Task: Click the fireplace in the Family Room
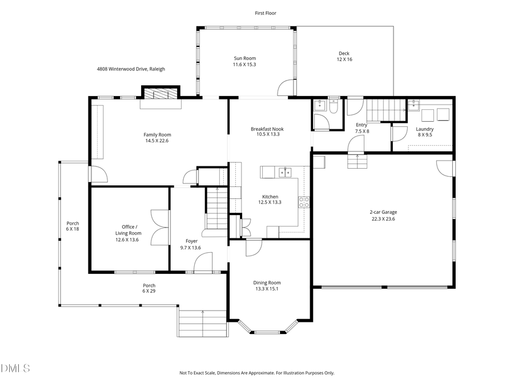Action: pyautogui.click(x=160, y=94)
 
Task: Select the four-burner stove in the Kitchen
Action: pyautogui.click(x=304, y=202)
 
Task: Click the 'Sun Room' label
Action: pyautogui.click(x=244, y=58)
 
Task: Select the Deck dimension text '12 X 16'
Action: pyautogui.click(x=344, y=59)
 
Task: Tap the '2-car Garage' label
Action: pyautogui.click(x=383, y=212)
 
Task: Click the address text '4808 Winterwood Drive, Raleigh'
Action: pyautogui.click(x=131, y=69)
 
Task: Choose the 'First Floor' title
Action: pyautogui.click(x=266, y=13)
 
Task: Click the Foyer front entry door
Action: pyautogui.click(x=202, y=265)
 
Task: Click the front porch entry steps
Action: pyautogui.click(x=202, y=323)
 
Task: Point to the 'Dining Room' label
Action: pyautogui.click(x=267, y=282)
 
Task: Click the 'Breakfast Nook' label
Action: pyautogui.click(x=267, y=129)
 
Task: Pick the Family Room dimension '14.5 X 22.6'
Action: pyautogui.click(x=157, y=141)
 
